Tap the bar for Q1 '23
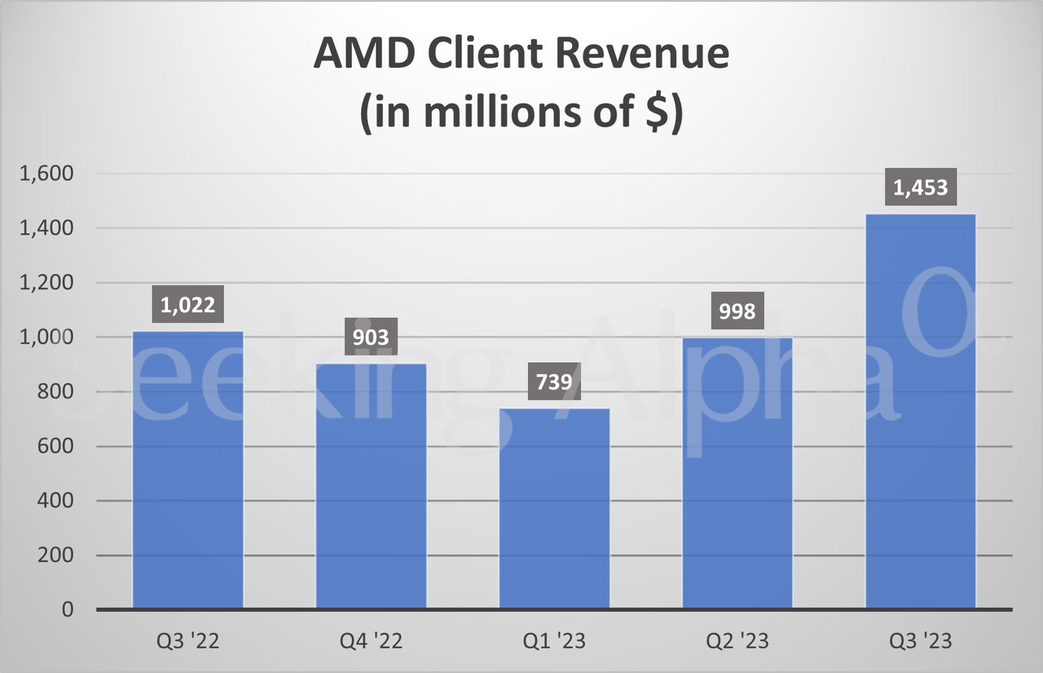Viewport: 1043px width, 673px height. [554, 508]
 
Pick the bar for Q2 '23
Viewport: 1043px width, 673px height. [737, 473]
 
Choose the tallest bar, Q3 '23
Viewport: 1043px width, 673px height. [921, 411]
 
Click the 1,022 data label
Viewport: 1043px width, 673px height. [187, 306]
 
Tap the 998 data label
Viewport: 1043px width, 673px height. [737, 311]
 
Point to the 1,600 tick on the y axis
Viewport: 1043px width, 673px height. [48, 174]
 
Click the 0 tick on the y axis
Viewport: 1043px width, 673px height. [67, 609]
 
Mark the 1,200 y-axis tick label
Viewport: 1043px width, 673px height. [48, 283]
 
